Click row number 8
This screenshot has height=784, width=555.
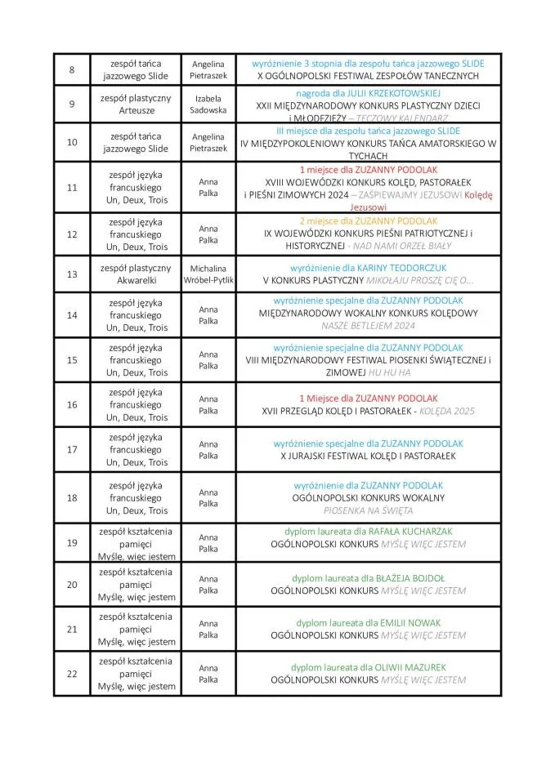point(72,69)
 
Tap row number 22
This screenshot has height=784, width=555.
point(72,674)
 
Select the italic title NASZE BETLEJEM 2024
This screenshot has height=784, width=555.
point(369,325)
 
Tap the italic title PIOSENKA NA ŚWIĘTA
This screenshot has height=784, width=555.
point(369,510)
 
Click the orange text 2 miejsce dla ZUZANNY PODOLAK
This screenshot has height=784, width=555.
point(369,221)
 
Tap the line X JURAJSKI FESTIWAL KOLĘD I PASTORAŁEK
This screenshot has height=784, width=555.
point(369,456)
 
